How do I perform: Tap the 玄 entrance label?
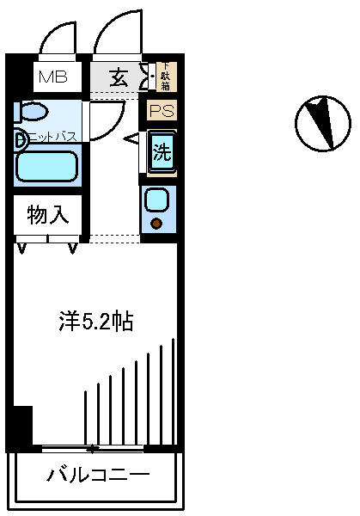pyautogui.click(x=120, y=78)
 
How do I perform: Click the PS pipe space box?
pyautogui.click(x=161, y=111)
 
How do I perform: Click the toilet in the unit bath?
pyautogui.click(x=33, y=112)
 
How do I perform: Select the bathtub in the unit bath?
pyautogui.click(x=47, y=166)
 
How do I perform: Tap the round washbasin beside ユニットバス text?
pyautogui.click(x=19, y=138)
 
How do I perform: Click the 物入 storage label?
pyautogui.click(x=47, y=215)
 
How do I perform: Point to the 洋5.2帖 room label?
pyautogui.click(x=95, y=322)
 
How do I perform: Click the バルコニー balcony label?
pyautogui.click(x=99, y=474)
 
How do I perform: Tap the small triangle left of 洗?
pyautogui.click(x=133, y=138)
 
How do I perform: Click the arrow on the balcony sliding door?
pyautogui.click(x=91, y=448)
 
